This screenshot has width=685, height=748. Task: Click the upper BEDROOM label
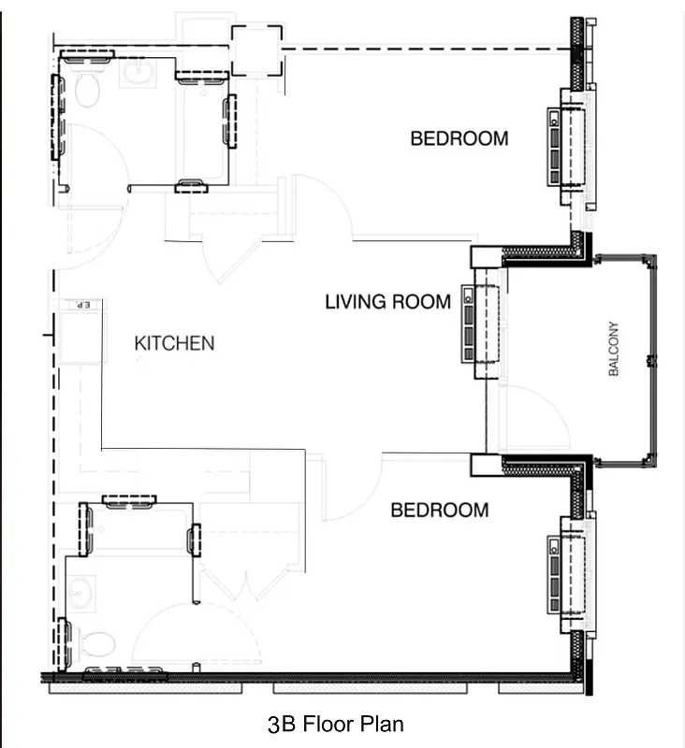[459, 138]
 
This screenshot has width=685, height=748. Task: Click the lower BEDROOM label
[439, 511]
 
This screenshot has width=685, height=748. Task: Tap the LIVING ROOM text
[387, 302]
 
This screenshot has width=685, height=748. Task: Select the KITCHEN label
[174, 343]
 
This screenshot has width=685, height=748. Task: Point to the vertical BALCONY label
[615, 349]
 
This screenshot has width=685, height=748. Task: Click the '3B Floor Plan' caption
[335, 724]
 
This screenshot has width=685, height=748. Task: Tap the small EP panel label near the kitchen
[80, 306]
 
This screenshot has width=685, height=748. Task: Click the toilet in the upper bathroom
[87, 90]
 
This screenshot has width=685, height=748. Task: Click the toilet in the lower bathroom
[97, 643]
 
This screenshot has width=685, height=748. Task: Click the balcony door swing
[533, 418]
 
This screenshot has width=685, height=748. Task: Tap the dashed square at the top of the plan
[255, 50]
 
